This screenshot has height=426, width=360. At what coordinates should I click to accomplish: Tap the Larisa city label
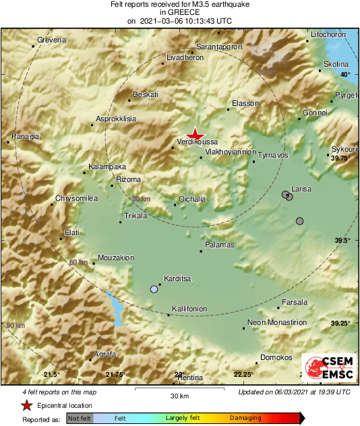tap(301, 189)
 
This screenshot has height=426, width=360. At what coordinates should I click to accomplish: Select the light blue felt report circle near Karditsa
tap(154, 289)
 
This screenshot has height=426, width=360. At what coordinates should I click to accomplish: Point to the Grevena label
tap(52, 40)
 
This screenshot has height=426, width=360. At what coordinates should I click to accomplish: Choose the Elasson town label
tap(245, 103)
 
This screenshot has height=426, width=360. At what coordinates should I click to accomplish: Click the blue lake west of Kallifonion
tap(116, 310)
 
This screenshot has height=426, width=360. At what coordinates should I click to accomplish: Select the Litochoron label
tap(328, 34)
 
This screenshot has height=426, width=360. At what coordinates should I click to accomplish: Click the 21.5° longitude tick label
tap(52, 375)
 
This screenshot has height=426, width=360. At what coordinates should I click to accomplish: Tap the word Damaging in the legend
tap(246, 419)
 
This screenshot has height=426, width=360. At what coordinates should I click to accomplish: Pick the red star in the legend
tap(26, 406)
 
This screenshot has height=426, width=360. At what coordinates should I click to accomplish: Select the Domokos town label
tap(276, 357)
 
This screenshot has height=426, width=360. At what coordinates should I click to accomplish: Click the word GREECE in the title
tap(179, 12)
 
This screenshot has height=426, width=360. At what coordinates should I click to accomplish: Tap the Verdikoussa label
tap(197, 142)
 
